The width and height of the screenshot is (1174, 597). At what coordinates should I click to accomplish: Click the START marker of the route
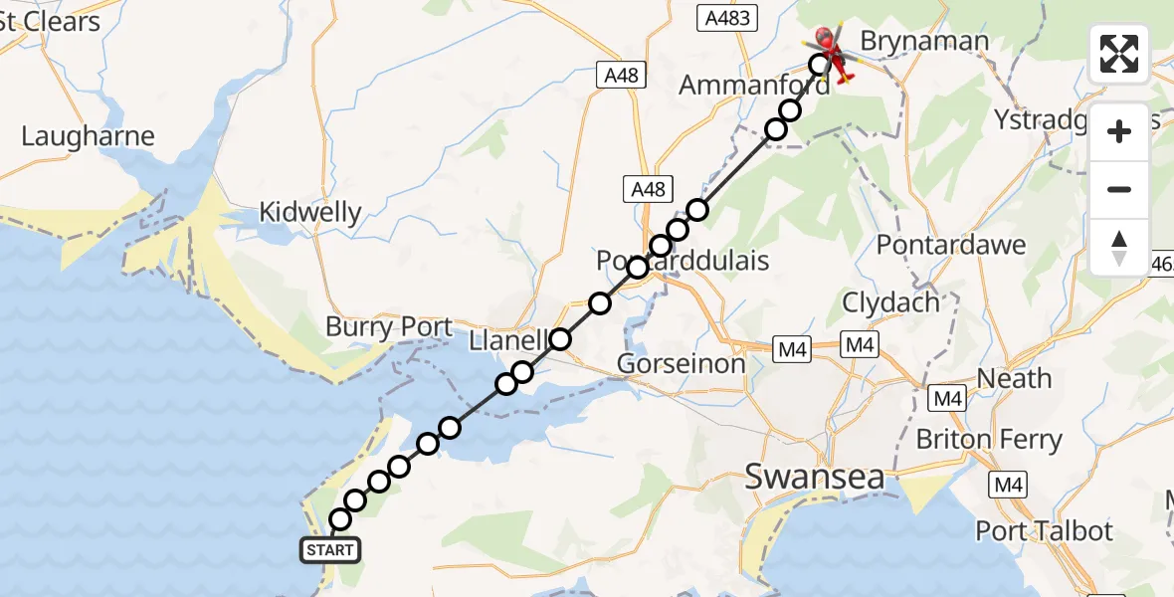tap(329, 549)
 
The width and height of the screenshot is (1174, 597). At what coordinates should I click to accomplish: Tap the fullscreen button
tap(1119, 54)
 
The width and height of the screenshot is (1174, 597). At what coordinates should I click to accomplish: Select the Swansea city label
tap(814, 478)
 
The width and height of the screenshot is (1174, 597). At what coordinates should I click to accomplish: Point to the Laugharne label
tap(88, 136)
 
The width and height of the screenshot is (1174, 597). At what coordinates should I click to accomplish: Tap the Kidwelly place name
tap(310, 212)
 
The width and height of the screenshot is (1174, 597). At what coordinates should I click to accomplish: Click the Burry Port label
tap(389, 326)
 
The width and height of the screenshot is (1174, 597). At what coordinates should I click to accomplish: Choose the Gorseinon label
tap(681, 364)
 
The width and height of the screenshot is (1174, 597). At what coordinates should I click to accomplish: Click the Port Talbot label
tap(1044, 530)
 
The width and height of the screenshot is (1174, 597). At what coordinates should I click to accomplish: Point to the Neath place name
tap(1014, 378)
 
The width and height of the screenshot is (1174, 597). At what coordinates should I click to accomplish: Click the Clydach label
tap(890, 301)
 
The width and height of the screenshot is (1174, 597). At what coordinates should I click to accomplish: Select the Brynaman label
tap(925, 41)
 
